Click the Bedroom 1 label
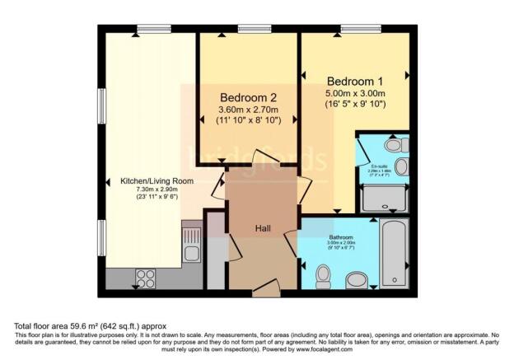pos(355,82)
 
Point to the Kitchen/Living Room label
pos(157,180)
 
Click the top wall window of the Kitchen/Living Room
pos(154,30)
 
